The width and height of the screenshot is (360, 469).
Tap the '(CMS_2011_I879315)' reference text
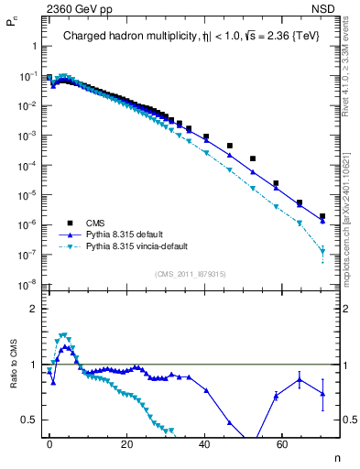coord(191,273)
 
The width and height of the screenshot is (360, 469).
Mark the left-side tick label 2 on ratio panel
coord(32,309)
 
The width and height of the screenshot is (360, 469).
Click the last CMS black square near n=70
coord(322,217)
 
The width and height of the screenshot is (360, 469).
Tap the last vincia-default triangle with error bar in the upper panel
coord(322,251)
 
